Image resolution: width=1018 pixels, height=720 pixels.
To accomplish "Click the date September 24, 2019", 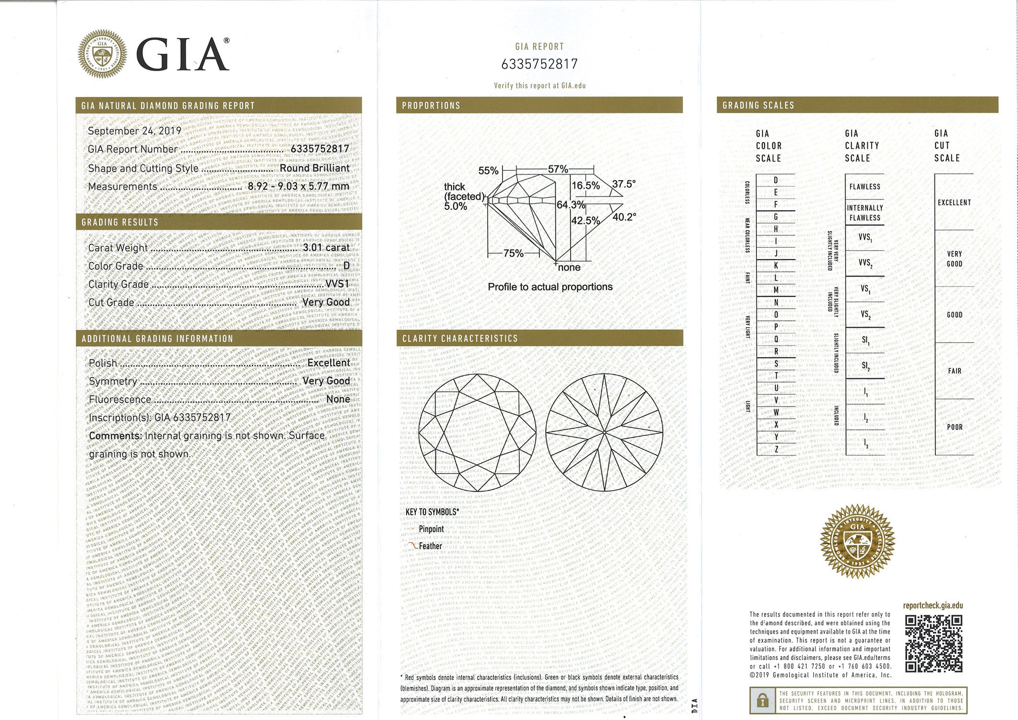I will point(134,131).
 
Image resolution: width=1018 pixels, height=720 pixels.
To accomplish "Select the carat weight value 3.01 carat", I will point(326,248).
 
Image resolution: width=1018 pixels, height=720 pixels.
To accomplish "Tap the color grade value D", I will point(346,265).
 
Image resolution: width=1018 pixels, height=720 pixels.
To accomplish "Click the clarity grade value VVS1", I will point(337,284).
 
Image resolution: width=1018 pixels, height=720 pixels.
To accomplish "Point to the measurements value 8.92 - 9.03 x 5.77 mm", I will point(298,186).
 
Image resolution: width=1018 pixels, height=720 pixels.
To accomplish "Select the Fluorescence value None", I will point(338,399).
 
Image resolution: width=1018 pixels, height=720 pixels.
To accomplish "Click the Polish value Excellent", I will point(328,363).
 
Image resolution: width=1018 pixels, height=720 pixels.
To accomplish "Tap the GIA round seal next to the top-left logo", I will point(103,54).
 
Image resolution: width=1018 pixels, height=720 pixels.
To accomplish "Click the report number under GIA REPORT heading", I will point(539,64).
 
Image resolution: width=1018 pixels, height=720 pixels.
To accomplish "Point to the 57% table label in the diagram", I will point(558,169).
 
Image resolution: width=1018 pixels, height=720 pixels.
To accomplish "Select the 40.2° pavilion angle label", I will point(624,217).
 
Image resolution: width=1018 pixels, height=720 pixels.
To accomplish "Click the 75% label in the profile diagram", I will point(513,253).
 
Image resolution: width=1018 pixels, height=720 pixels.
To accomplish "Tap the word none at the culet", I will point(569,267).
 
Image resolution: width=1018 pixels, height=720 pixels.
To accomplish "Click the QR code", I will point(934,644).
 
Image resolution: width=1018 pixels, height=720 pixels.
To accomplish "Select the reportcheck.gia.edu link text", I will point(933,605).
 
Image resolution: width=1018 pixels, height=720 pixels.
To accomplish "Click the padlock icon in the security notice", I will point(762,701).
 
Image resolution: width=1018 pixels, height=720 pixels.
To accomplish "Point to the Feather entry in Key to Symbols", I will point(430,546).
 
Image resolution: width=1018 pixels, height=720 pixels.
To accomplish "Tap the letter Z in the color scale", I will point(776,449).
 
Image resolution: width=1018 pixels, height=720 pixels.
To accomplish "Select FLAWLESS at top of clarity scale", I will point(864,187).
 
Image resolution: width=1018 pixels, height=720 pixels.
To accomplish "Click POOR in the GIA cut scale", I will point(954,427).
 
